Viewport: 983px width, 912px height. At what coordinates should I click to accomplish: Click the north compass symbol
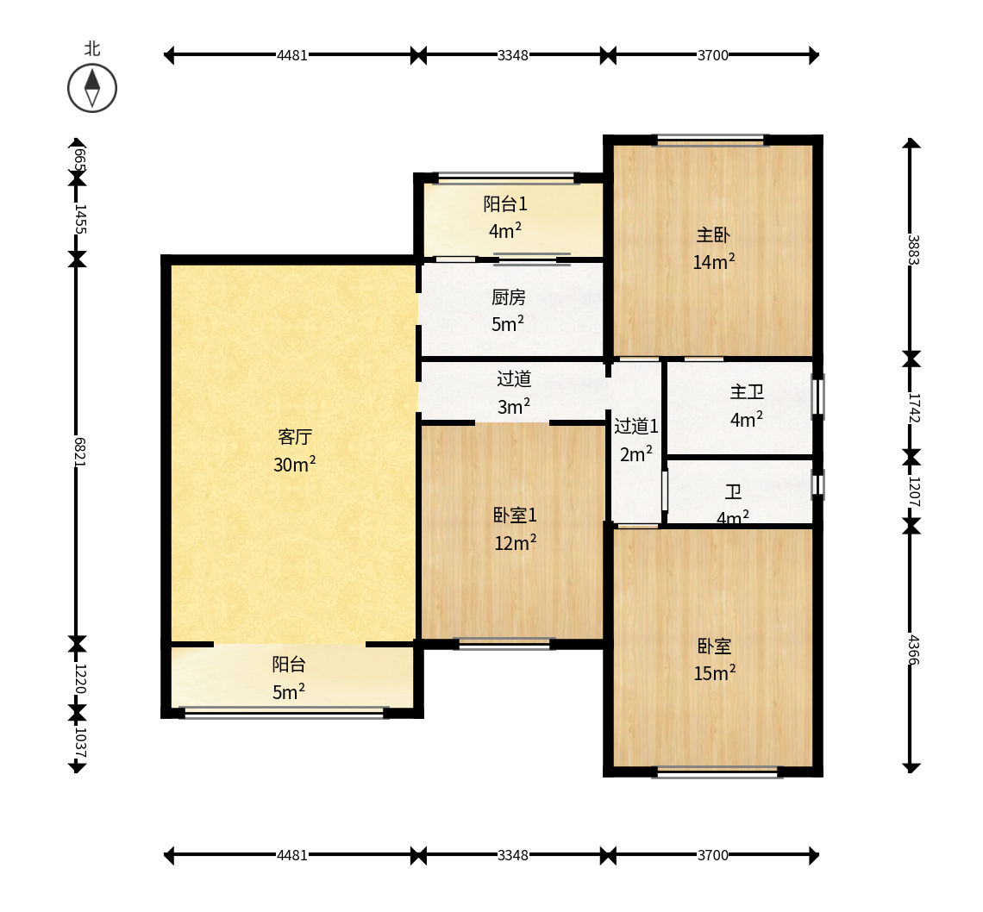[x=92, y=88]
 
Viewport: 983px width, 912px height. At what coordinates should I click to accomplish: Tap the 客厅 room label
[x=295, y=437]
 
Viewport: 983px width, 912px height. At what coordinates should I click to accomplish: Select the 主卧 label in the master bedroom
[x=713, y=235]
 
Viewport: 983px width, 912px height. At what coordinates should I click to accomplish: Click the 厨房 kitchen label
[x=509, y=297]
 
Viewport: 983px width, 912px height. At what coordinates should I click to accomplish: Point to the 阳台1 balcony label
[x=505, y=203]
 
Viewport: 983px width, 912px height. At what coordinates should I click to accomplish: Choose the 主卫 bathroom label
[x=747, y=392]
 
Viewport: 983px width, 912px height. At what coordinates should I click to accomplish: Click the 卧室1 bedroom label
[x=515, y=515]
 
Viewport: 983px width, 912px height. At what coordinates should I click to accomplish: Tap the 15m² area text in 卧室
[x=715, y=672]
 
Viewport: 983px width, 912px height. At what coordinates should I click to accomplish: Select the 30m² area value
[x=295, y=464]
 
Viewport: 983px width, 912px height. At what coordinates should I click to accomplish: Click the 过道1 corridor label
[x=636, y=426]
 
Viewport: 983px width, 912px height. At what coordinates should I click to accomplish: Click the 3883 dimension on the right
[x=913, y=249]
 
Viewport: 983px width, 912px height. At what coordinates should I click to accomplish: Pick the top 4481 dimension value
[x=292, y=55]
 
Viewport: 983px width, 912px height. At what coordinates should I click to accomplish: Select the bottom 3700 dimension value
[x=713, y=855]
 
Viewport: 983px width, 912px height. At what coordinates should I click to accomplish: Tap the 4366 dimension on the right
[x=913, y=650]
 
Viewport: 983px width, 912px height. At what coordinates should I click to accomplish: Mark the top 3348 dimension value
[x=513, y=55]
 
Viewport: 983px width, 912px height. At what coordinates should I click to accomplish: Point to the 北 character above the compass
[x=92, y=49]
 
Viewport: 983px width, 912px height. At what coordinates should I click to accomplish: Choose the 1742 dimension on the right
[x=913, y=408]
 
